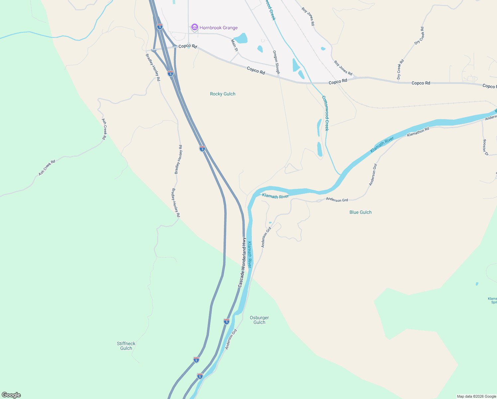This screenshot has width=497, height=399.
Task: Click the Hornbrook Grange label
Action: tap(218, 28)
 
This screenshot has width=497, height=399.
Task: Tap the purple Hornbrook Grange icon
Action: tap(195, 27)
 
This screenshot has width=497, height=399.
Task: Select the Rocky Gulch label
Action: tap(223, 94)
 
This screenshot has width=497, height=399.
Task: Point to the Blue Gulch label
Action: tap(360, 212)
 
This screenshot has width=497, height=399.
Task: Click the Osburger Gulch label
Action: tap(259, 320)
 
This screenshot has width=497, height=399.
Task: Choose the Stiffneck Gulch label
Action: tap(126, 346)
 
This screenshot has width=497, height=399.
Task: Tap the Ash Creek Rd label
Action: tap(47, 168)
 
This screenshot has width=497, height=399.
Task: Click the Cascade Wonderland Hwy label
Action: tap(242, 263)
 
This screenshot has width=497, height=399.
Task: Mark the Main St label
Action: tap(235, 45)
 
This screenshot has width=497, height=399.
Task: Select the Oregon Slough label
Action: tap(276, 62)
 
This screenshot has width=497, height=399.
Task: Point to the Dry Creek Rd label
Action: tap(400, 69)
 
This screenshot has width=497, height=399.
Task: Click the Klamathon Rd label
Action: tap(418, 132)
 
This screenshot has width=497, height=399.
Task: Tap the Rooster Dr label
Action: tap(485, 147)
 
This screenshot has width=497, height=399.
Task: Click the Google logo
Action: tap(11, 395)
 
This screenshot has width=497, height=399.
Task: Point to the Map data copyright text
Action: tap(476, 396)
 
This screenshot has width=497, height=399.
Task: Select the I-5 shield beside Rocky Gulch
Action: tap(202, 149)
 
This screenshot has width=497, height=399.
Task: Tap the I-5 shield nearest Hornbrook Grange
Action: tap(160, 26)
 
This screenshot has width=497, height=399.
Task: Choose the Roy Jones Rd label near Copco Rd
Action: tap(343, 68)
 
